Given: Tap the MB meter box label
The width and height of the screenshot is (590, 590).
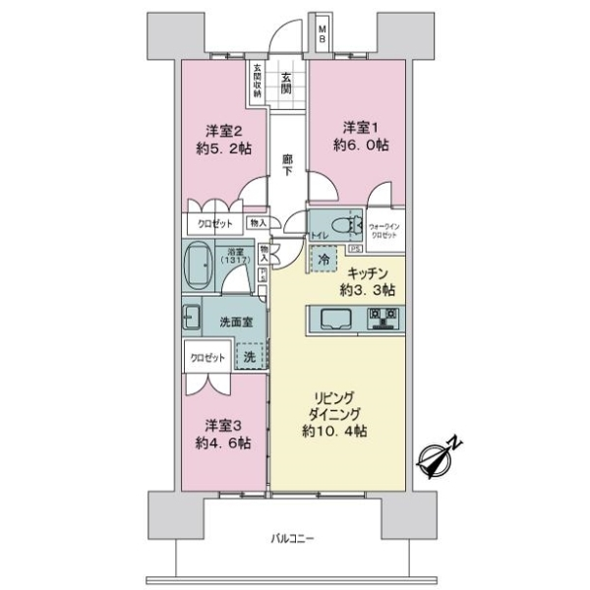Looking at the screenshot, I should (323, 37).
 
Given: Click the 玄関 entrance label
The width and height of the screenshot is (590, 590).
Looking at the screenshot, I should (285, 84).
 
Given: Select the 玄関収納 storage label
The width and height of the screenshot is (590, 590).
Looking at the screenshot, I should (258, 82).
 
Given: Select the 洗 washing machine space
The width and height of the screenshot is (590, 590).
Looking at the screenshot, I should (251, 357).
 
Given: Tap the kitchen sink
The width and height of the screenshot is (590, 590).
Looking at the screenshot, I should (332, 319).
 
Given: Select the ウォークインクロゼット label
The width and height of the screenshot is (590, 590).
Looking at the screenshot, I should (383, 230).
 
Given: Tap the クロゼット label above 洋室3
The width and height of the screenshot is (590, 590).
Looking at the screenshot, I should (208, 358).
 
